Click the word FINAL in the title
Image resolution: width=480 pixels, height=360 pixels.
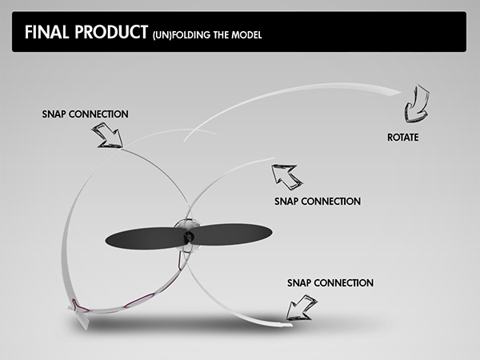47,32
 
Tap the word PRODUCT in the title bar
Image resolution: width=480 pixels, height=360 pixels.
111,32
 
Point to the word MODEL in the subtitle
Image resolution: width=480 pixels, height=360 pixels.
246,35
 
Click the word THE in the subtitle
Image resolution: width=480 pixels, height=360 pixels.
221,35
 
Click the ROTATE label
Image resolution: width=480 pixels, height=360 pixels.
403,138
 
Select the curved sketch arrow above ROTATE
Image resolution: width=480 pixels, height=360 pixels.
416,104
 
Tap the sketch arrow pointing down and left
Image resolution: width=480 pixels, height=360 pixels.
302,308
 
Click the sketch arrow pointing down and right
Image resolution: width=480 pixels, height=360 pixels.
108,135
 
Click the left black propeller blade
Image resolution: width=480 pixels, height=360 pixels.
146,238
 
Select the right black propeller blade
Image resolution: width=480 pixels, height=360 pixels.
230,234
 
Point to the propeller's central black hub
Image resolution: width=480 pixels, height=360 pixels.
188,236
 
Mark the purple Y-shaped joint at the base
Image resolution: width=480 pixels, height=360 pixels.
79,306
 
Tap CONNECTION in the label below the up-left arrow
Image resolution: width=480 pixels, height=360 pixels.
333,202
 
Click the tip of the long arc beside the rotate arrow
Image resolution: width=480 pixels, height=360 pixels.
401,92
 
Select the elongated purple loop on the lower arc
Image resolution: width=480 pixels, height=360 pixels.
139,300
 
